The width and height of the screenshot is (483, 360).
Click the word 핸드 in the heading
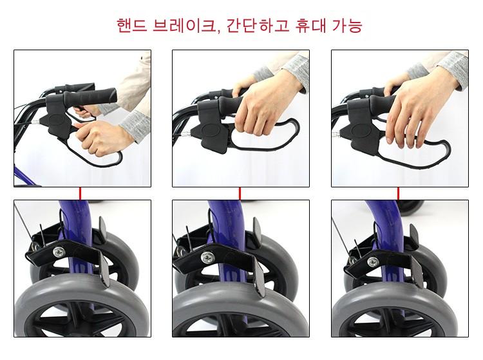pos(132,25)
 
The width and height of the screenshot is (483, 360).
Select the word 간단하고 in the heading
pos(258,25)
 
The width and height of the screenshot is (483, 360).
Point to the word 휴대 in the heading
pos(310,25)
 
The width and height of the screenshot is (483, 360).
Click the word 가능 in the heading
pos(346,25)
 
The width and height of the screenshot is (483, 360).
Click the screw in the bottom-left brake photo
pos(59,252)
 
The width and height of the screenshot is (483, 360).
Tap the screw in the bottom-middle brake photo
pos(207,257)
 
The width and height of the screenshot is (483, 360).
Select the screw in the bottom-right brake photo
pos(373,261)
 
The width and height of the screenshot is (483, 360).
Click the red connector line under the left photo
pos(80,193)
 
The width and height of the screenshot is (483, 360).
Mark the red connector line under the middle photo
pos(240,193)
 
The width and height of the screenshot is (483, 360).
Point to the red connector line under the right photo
pos(398,193)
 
